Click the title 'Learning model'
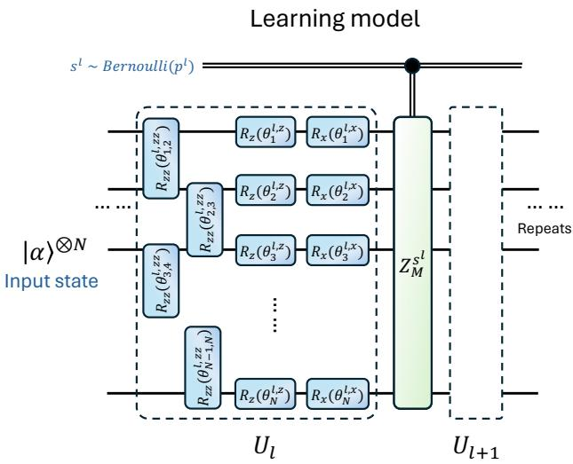coord(335,19)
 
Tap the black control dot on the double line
coord(412,66)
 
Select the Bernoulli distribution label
coord(131,66)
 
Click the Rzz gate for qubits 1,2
coord(161,158)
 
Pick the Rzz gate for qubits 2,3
coord(204,219)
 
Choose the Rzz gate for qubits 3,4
coord(161,280)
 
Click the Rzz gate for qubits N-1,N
coord(203,367)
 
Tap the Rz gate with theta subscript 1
coord(266,132)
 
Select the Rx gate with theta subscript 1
coord(338,132)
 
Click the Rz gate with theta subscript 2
coord(266,190)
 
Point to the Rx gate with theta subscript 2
coord(338,190)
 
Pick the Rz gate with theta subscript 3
coord(266,250)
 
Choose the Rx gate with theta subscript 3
coord(338,250)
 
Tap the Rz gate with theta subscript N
coord(266,394)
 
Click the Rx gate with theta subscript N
coord(338,394)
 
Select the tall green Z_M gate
coord(412,263)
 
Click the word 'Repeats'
coord(545,229)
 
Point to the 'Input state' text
coord(52,281)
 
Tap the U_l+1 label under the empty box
coord(476,447)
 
